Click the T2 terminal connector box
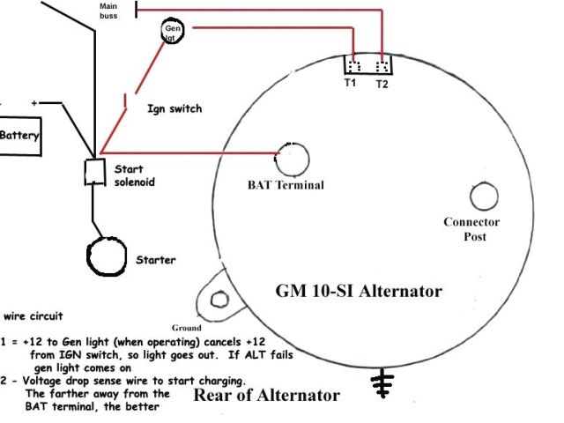[x=381, y=66]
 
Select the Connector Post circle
[x=484, y=197]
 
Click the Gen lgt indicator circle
[x=173, y=33]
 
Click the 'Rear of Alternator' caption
[x=265, y=396]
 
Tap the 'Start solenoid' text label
[x=135, y=175]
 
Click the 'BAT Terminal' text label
[x=286, y=186]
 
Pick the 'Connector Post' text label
[x=471, y=229]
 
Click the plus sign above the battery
[x=34, y=103]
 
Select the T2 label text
[x=382, y=85]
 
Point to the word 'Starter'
[x=155, y=260]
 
